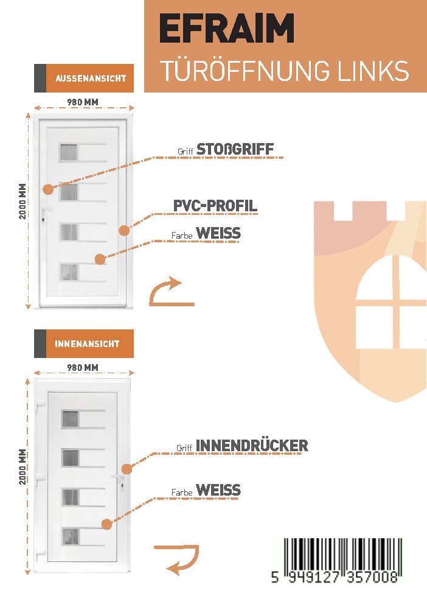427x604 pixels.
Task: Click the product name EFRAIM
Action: [227, 28]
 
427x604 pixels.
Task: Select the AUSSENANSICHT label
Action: [91, 78]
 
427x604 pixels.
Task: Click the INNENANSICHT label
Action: [87, 343]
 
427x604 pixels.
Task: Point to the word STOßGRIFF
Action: [235, 149]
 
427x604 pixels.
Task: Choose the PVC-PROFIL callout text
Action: [215, 206]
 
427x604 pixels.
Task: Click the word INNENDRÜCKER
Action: [252, 446]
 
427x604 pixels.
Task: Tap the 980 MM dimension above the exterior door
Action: [83, 102]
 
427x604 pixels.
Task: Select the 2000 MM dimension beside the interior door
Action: [23, 466]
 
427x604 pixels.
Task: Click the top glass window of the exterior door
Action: [69, 152]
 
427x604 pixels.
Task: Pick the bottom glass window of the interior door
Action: [71, 537]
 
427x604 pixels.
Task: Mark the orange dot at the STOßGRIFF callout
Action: [48, 189]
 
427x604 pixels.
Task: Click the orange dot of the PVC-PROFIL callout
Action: [124, 230]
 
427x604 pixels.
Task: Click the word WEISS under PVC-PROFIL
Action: [218, 233]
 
